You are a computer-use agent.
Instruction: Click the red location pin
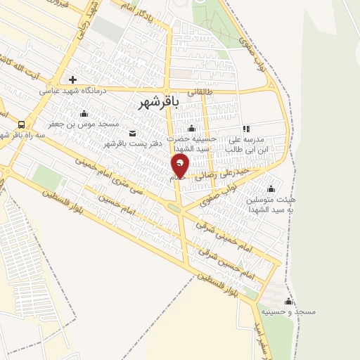(180, 165)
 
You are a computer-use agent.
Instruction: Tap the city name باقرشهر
(155, 102)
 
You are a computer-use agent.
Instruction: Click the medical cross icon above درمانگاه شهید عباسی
(72, 79)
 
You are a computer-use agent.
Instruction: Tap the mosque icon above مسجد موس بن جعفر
(84, 113)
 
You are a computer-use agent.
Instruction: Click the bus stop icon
(21, 125)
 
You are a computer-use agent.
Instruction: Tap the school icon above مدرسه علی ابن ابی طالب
(246, 129)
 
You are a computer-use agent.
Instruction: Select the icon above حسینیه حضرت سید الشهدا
(191, 128)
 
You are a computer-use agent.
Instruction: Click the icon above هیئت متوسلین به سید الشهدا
(271, 188)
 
